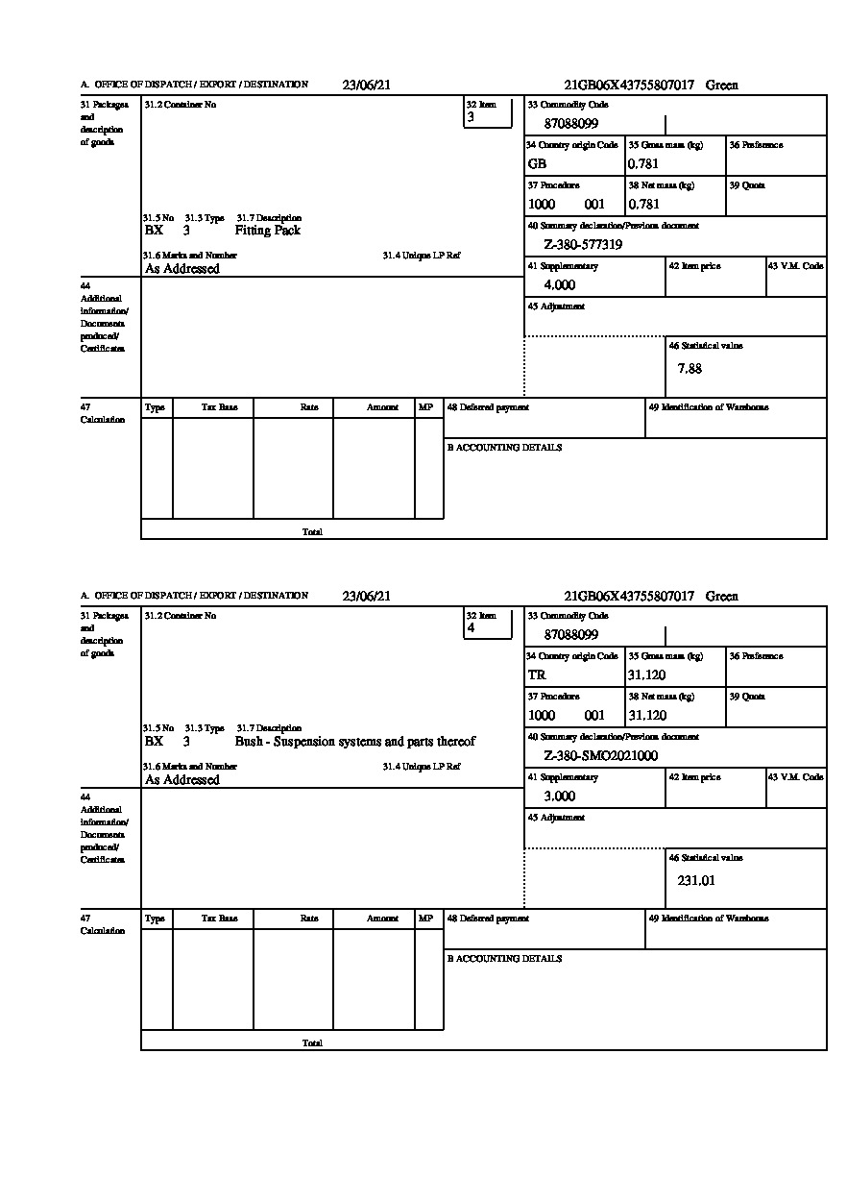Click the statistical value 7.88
point(690,369)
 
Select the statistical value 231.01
point(696,880)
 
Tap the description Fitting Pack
point(267,231)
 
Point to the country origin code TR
point(537,674)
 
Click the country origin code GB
point(537,163)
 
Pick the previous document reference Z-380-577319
point(583,245)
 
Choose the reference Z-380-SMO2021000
point(600,756)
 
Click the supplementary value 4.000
point(559,285)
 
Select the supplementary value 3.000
point(559,797)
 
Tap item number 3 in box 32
point(471,117)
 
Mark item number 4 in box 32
point(471,628)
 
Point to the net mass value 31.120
point(646,715)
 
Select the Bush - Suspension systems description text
point(354,742)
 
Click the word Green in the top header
point(722,85)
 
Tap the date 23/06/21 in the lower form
point(367,596)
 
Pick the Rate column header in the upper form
point(308,407)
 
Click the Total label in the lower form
point(312,1042)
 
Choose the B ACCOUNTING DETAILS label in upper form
point(504,448)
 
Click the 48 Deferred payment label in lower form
point(488,919)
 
